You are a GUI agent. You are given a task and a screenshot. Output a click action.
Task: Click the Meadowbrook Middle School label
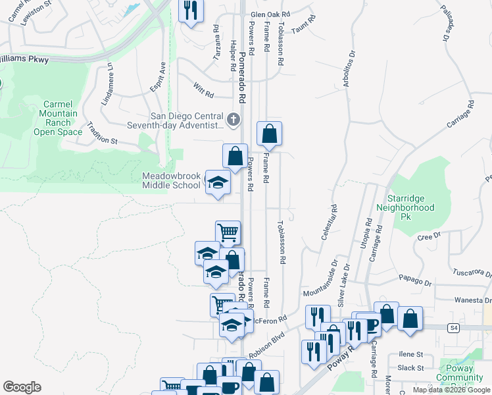(x=171, y=180)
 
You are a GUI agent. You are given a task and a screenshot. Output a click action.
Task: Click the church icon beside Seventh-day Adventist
(x=233, y=120)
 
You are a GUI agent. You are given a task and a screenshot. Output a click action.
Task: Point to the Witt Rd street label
(x=204, y=90)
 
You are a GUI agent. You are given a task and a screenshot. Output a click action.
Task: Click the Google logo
(x=22, y=387)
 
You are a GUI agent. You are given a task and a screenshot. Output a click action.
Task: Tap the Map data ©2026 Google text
(x=451, y=390)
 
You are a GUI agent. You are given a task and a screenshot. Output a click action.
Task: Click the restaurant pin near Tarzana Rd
(x=191, y=11)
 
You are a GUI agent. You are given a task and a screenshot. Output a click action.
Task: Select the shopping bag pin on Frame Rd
(x=269, y=134)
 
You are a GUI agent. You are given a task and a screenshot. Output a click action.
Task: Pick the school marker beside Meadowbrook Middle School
(x=218, y=183)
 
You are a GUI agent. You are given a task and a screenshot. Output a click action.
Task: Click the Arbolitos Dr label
(x=348, y=66)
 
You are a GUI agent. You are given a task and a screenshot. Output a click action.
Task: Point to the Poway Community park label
(x=464, y=379)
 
